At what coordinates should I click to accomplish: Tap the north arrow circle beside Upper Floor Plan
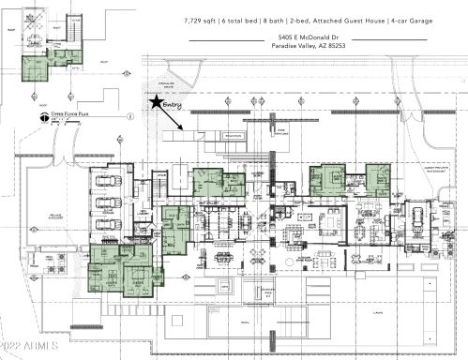pos(41,117)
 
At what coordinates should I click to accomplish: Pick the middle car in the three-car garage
pos(110,203)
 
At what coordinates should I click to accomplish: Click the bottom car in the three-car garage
pos(110,224)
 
